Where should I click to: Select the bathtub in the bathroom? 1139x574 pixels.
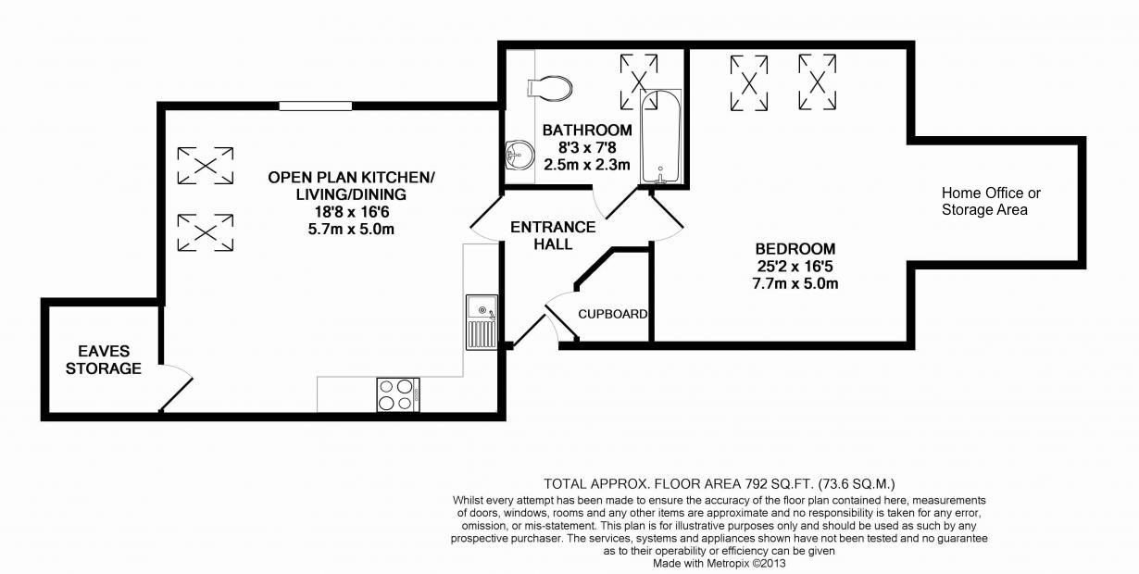pyautogui.click(x=660, y=137)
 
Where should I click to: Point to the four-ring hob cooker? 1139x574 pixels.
pyautogui.click(x=397, y=394)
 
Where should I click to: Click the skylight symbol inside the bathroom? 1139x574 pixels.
pyautogui.click(x=639, y=72)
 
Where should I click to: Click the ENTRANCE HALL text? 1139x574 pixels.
pyautogui.click(x=553, y=235)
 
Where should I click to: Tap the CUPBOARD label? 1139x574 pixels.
pyautogui.click(x=612, y=314)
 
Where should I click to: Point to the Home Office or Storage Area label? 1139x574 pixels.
pyautogui.click(x=991, y=202)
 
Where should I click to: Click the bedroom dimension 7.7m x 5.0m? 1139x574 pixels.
pyautogui.click(x=795, y=284)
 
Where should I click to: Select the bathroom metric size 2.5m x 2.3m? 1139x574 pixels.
pyautogui.click(x=588, y=165)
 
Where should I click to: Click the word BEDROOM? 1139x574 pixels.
pyautogui.click(x=795, y=248)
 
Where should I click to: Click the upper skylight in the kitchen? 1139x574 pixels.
pyautogui.click(x=205, y=165)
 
